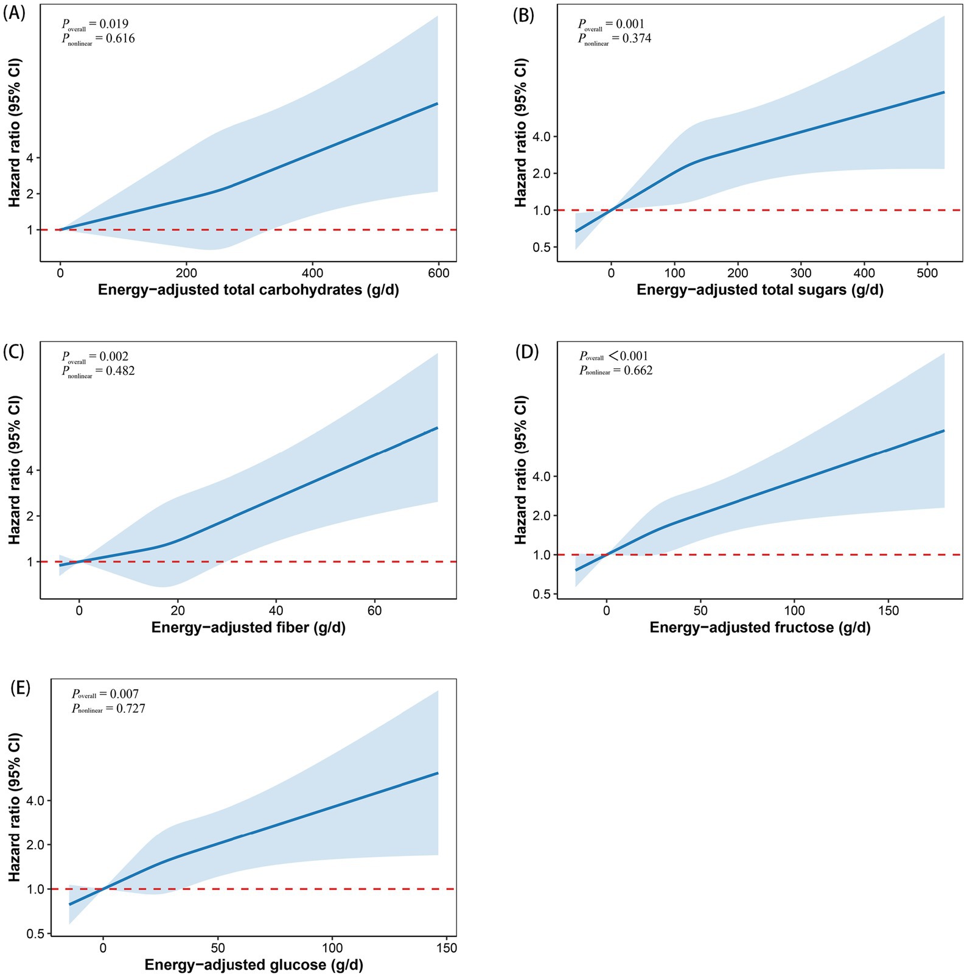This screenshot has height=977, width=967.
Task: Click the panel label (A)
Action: [x=14, y=14]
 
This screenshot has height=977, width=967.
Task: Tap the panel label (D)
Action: [x=527, y=352]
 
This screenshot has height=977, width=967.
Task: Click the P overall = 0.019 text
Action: [x=95, y=24]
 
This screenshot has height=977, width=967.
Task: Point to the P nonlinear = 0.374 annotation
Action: [x=614, y=39]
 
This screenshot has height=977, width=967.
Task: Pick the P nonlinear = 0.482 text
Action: [x=98, y=371]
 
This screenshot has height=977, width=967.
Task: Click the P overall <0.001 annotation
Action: [x=613, y=356]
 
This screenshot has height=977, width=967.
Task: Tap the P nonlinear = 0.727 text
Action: [x=108, y=709]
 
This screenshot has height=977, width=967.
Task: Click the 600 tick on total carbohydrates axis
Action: [x=438, y=274]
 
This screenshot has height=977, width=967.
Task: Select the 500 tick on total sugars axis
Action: [x=927, y=274]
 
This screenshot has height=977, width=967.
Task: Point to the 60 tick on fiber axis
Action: [x=375, y=611]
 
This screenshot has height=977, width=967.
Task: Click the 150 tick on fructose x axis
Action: [x=888, y=611]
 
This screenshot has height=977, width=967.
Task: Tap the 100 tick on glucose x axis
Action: [x=332, y=948]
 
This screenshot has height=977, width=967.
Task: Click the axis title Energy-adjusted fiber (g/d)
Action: [x=248, y=628]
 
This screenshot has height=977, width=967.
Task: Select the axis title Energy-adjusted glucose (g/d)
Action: [x=254, y=965]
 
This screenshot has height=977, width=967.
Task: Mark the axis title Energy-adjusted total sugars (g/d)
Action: [x=759, y=290]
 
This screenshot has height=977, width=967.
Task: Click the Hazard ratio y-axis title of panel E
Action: [x=15, y=807]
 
